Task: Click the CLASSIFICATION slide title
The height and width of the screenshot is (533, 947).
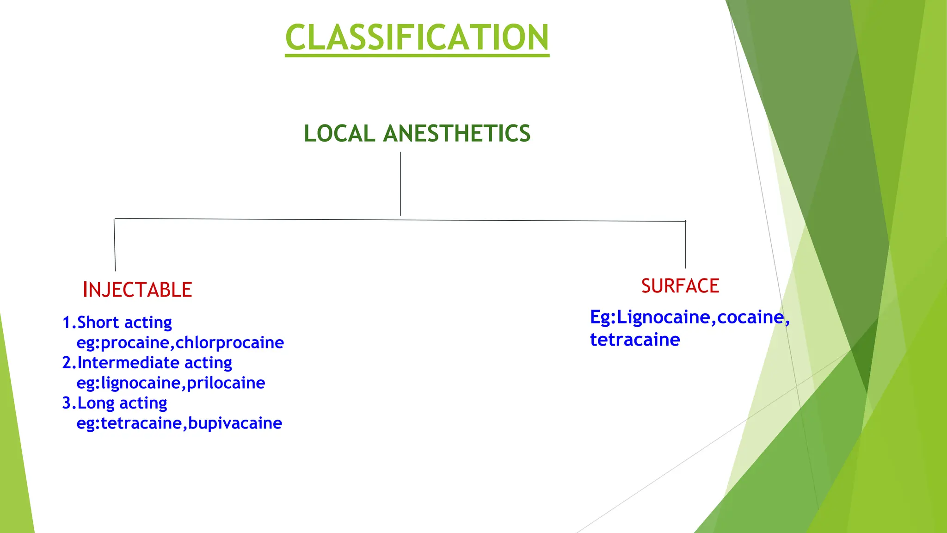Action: click(x=417, y=37)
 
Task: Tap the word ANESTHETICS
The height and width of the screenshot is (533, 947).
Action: click(x=456, y=134)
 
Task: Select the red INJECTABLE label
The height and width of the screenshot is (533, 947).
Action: click(x=137, y=290)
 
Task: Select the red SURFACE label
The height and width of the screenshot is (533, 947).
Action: click(x=680, y=286)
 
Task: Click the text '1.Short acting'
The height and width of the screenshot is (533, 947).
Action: click(x=117, y=322)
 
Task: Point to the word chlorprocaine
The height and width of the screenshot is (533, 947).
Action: click(x=230, y=343)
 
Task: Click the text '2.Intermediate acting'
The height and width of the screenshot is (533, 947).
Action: click(x=147, y=363)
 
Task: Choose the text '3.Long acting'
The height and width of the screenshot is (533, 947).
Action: click(x=115, y=403)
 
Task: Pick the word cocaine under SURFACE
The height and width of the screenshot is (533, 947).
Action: click(x=750, y=317)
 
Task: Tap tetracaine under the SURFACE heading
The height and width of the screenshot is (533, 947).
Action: click(x=635, y=340)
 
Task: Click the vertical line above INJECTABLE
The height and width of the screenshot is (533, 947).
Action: click(x=115, y=245)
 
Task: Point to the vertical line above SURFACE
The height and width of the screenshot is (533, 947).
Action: click(x=685, y=245)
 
